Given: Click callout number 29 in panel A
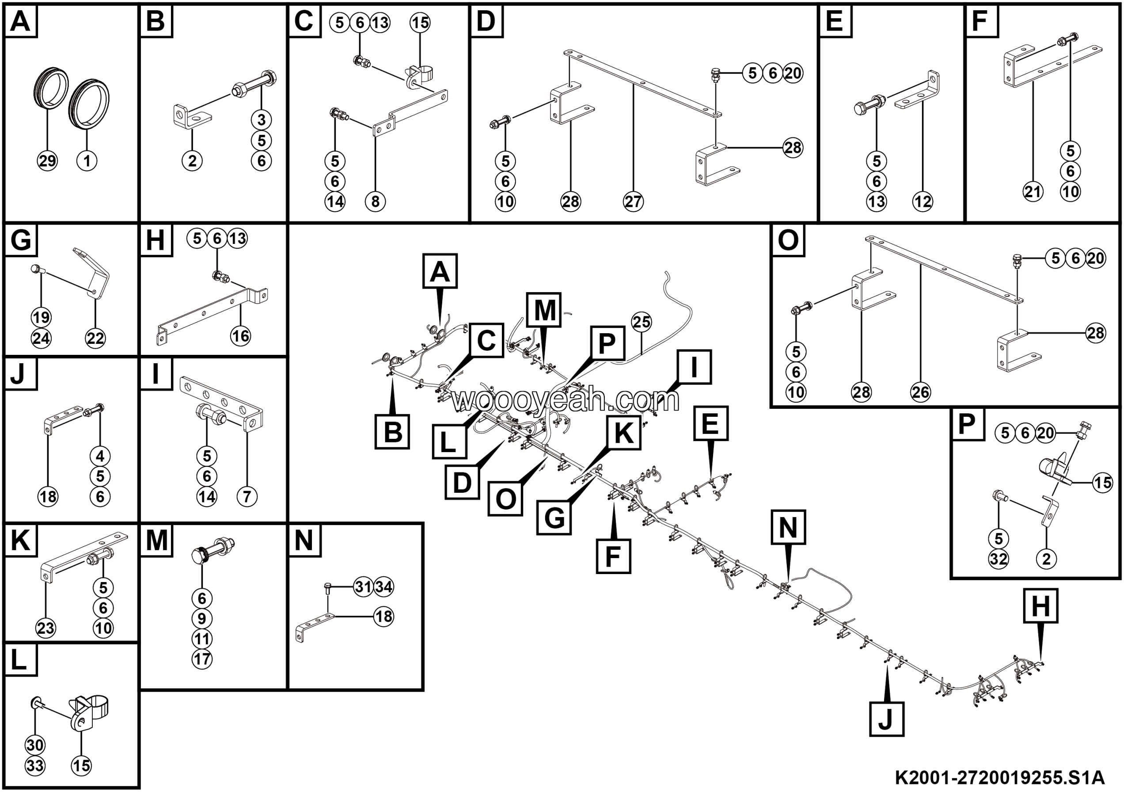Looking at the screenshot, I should (x=47, y=161).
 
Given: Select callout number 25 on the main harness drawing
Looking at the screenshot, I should (x=641, y=322).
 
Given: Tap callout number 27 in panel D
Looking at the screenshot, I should (x=634, y=202).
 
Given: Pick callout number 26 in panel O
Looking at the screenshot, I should (x=921, y=392).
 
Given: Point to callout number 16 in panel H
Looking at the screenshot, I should (x=241, y=336).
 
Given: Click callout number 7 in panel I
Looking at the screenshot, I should (x=247, y=497).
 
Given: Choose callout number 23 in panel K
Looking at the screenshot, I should (x=46, y=628).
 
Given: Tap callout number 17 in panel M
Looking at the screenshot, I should (x=202, y=660).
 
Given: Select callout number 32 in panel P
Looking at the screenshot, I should (x=999, y=559).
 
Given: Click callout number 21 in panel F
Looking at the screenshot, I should (x=1033, y=192).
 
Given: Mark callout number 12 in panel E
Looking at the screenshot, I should (x=922, y=202).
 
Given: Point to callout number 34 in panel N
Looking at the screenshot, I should (x=384, y=587).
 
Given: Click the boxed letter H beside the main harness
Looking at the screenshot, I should (x=1040, y=606).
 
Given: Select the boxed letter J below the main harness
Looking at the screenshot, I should (x=886, y=720).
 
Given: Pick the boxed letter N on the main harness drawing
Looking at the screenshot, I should (x=788, y=528).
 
